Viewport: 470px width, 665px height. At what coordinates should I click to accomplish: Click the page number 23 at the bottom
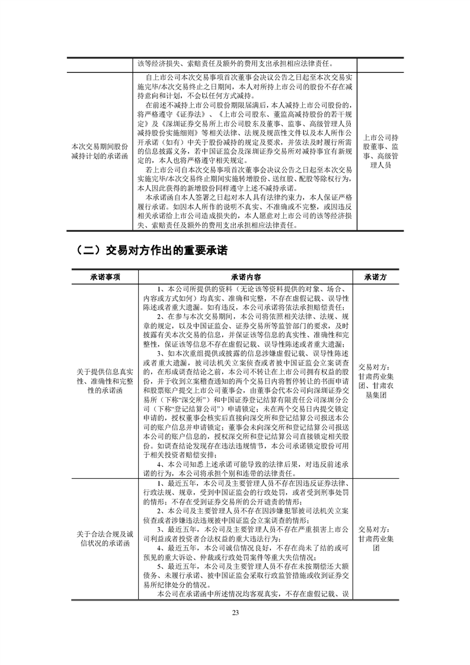pyautogui.click(x=235, y=629)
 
